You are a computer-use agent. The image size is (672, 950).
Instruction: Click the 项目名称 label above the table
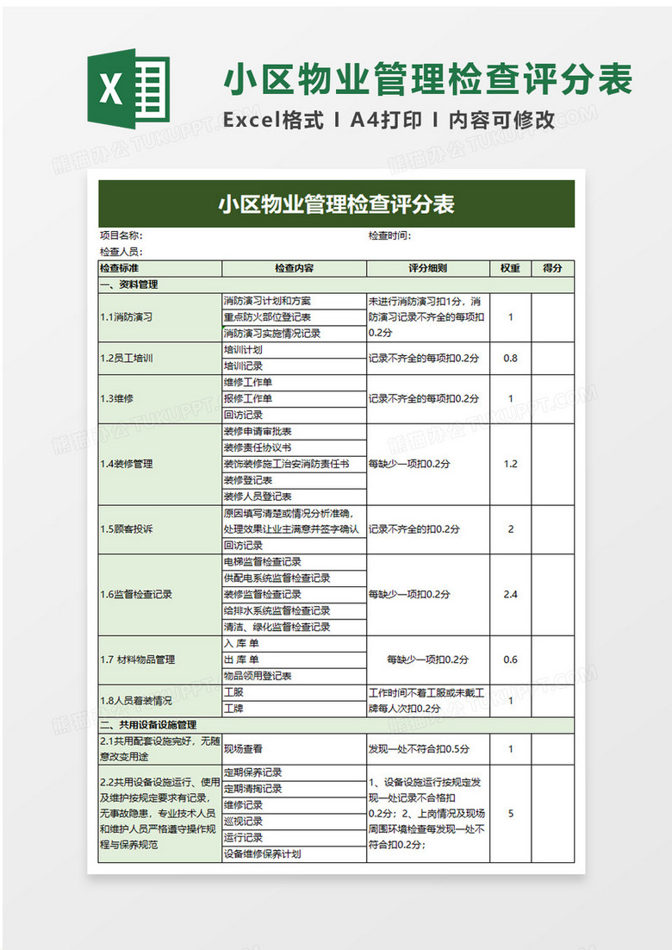(x=121, y=235)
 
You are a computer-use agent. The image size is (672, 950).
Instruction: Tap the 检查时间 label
(x=389, y=235)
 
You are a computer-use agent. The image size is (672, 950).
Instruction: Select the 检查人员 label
(x=121, y=252)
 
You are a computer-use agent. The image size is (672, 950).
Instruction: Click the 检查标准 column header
(x=120, y=268)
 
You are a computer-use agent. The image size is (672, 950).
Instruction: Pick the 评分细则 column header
(x=427, y=268)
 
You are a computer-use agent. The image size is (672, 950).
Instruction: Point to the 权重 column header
(x=510, y=268)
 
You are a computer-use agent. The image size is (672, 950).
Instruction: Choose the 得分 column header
(x=552, y=268)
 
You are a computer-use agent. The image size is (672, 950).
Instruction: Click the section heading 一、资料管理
(x=129, y=284)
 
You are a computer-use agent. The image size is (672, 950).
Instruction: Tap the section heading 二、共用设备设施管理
(x=149, y=725)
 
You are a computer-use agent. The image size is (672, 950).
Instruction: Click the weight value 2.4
(x=510, y=594)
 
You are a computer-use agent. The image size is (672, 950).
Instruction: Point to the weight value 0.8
(x=510, y=358)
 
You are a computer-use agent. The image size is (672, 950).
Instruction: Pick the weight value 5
(x=511, y=813)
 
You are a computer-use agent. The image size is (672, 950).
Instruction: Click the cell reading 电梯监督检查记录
(x=263, y=562)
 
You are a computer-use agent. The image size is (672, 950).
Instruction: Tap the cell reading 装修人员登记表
(x=258, y=497)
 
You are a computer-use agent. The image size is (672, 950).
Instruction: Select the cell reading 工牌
(x=233, y=709)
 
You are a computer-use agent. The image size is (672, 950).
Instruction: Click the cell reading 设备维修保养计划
(x=263, y=854)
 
